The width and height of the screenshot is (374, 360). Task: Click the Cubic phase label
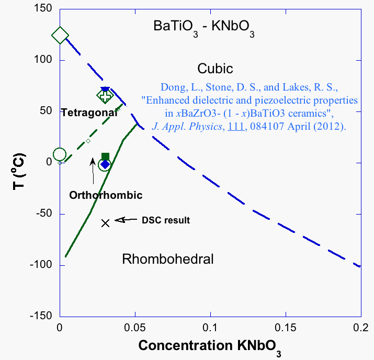tap(215, 69)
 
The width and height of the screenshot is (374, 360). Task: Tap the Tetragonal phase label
tap(88, 113)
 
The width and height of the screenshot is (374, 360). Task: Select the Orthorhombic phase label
tap(106, 195)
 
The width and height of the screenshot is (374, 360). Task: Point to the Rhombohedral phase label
tap(167, 259)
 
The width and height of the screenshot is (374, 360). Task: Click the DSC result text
tap(166, 220)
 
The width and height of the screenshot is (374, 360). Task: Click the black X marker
tap(105, 222)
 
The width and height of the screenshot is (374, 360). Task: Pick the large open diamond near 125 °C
tap(60, 36)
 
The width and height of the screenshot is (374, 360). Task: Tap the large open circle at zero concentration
tap(60, 154)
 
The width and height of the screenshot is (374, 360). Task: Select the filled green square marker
tap(105, 156)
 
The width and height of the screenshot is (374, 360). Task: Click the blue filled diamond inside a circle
tap(105, 164)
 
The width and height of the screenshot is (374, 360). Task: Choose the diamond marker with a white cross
tap(105, 96)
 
